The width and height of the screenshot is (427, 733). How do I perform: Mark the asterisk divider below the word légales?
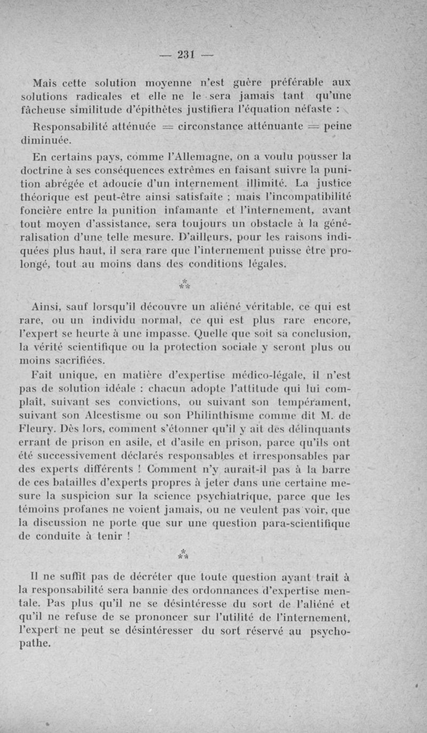pyautogui.click(x=185, y=283)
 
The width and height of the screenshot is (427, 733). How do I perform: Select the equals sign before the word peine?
pyautogui.click(x=315, y=128)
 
